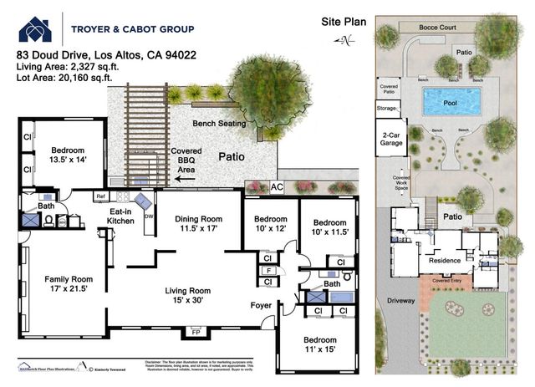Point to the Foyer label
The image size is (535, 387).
[x=262, y=306]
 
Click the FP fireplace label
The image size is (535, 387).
[x=196, y=333]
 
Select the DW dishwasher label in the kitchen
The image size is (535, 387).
[x=148, y=215]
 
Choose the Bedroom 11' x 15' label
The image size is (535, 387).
[x=318, y=346]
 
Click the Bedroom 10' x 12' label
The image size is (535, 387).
[x=269, y=226]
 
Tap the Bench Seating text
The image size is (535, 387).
[x=220, y=124]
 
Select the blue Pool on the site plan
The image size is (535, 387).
[x=451, y=102]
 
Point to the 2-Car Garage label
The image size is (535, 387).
[x=392, y=140]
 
